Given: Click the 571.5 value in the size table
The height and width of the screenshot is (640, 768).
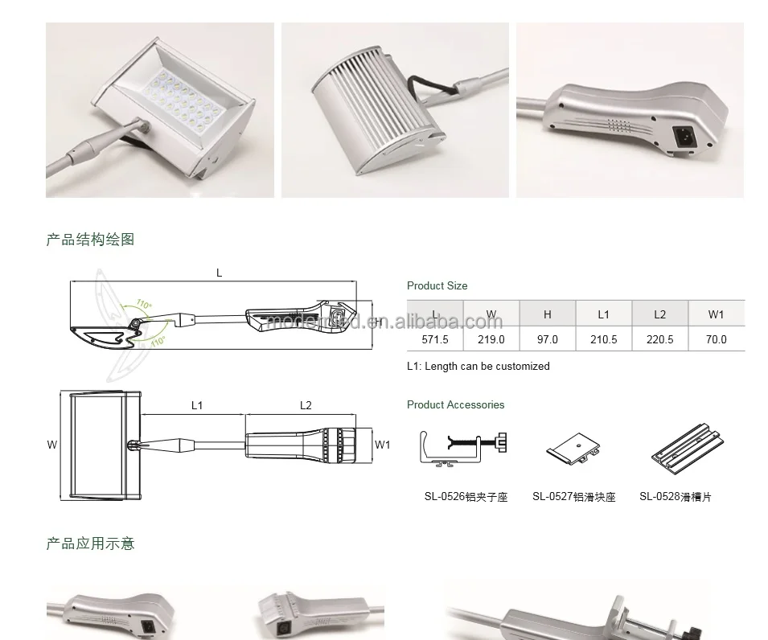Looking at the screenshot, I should click(435, 339).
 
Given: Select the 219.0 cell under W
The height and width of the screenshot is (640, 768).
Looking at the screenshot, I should click(491, 339).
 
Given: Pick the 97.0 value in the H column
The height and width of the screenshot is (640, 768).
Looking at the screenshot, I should click(547, 339).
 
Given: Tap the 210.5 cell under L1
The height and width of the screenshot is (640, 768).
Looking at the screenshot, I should click(603, 339).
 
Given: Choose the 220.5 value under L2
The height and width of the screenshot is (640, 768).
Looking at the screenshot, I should click(659, 339).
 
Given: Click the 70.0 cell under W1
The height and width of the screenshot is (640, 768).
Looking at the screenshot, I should click(716, 339).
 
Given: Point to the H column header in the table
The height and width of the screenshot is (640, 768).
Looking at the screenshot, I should click(547, 314).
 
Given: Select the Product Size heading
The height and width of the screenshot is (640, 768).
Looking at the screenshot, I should click(437, 285).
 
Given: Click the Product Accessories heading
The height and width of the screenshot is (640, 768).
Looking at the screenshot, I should click(455, 404).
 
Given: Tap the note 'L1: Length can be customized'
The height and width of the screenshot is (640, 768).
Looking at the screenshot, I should click(478, 366).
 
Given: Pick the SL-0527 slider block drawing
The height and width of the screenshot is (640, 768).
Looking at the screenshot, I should click(574, 449).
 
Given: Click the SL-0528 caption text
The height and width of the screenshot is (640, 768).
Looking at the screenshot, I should click(675, 497).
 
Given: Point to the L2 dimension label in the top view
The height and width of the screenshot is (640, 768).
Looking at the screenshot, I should click(306, 405).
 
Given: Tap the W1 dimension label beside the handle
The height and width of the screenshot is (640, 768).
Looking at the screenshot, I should click(383, 445).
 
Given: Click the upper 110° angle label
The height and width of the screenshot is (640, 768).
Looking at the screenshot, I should click(143, 305).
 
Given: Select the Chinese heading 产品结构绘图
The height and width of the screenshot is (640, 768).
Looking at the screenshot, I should click(90, 240).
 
